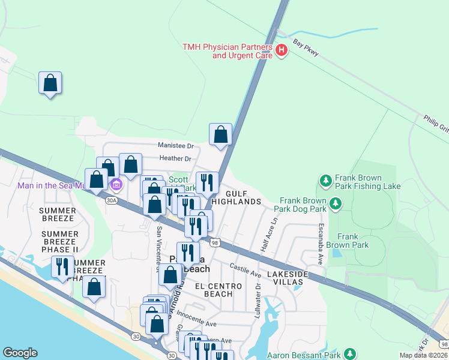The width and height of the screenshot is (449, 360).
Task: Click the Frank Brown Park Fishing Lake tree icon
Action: click(325, 180)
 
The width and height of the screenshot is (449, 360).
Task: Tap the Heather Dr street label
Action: click(175, 159)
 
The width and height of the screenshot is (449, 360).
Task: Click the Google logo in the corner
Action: click(20, 353)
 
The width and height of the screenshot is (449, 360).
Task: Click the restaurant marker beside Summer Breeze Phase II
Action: click(62, 266)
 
